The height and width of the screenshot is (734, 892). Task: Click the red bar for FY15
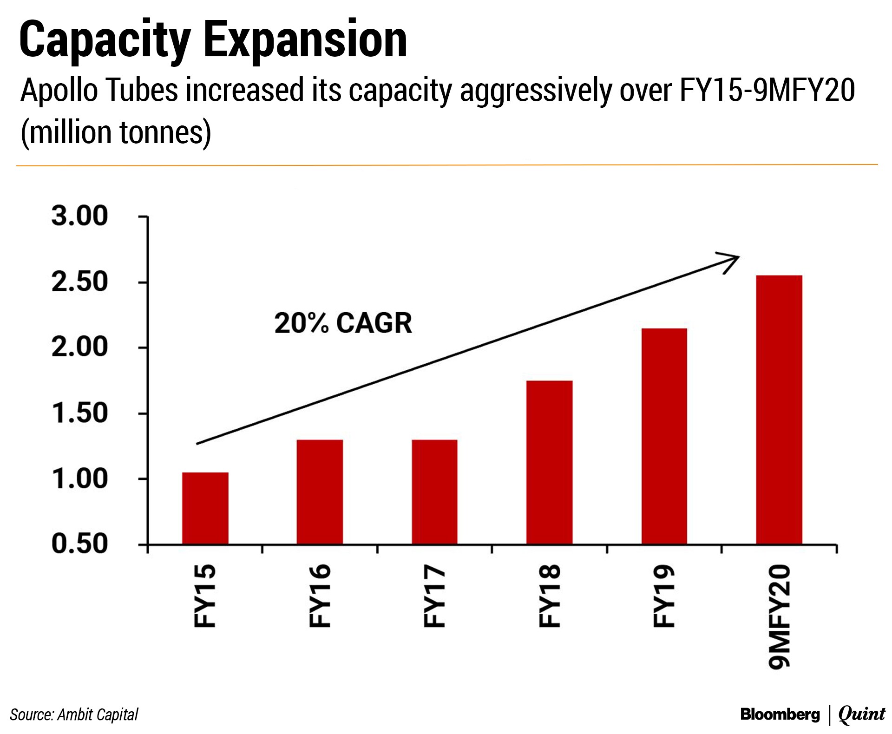pos(205,508)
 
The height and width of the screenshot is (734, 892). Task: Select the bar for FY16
pos(320,492)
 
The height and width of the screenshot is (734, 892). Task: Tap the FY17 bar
pos(434,492)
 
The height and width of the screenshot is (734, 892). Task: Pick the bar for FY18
pos(549,462)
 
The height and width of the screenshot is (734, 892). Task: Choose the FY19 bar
pos(664,436)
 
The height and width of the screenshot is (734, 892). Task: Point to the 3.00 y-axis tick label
pos(79,216)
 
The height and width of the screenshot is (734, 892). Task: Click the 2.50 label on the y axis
pos(79,282)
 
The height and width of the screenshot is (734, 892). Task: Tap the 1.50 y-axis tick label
pos(79,413)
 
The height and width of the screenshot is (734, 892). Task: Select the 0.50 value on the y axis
pos(79,544)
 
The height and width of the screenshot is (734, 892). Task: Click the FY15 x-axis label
pos(204,596)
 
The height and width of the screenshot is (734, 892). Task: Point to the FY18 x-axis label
pos(549,596)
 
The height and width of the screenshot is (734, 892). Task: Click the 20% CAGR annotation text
pos(343,323)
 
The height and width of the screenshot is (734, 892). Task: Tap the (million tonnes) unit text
pos(116,132)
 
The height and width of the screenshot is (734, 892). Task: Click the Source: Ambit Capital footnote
pos(74,714)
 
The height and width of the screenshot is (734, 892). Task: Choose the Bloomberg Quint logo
pos(813,714)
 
